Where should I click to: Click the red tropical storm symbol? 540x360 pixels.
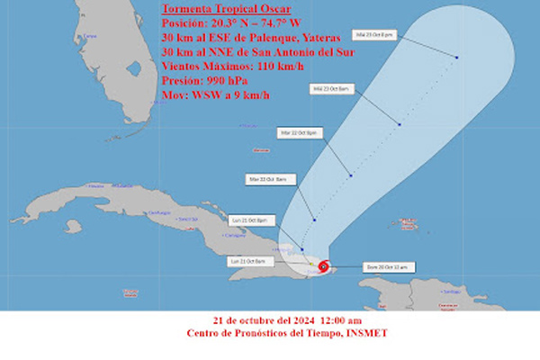point(323,266)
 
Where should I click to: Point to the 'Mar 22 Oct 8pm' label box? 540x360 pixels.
point(299,132)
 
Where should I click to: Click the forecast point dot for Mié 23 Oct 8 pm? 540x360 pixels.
point(457,58)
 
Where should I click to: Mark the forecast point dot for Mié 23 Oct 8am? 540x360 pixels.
point(397,123)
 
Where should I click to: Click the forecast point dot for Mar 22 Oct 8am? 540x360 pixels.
point(314,220)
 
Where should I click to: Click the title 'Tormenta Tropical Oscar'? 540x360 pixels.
point(215,10)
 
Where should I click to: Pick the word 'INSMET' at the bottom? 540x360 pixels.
point(369,334)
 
